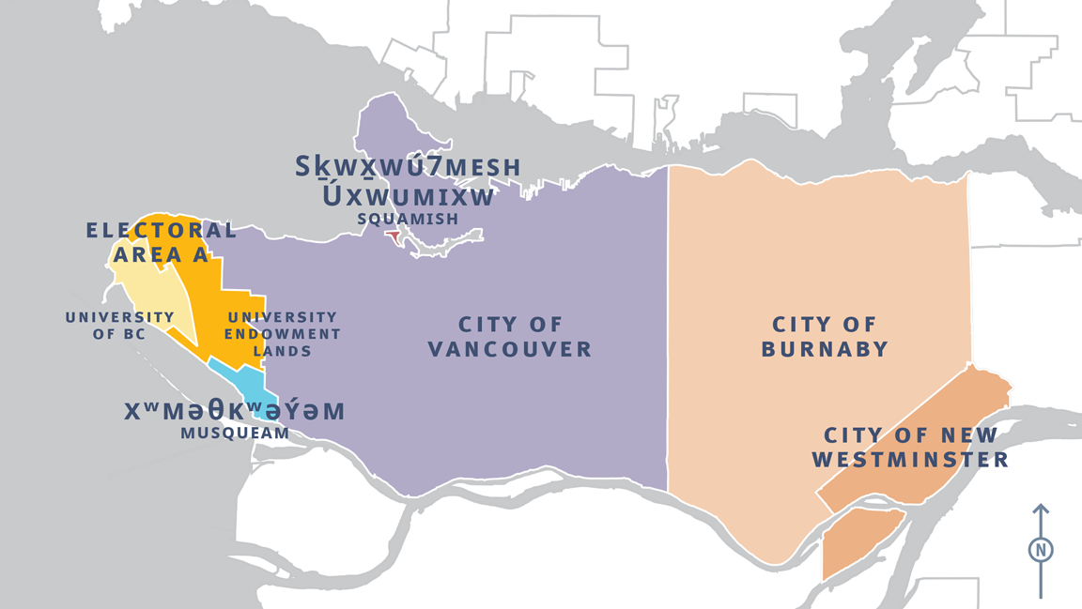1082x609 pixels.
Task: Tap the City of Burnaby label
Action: pos(825,337)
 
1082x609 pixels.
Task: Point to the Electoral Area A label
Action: pos(161,241)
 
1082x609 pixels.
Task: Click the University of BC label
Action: pos(119,325)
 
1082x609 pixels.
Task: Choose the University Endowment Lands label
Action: pos(283,334)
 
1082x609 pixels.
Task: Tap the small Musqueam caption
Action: pos(235,434)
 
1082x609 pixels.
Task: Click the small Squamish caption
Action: pos(408,219)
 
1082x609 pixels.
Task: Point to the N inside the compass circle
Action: pos(1041,550)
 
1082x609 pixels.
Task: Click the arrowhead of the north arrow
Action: pos(1041,510)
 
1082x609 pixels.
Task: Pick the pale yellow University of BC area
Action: pos(150,291)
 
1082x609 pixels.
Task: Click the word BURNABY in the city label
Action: pos(825,349)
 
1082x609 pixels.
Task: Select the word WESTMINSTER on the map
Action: pos(910,460)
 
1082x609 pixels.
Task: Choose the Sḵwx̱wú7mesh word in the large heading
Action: pos(408,168)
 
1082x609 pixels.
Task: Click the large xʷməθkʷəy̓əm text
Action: pos(235,411)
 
